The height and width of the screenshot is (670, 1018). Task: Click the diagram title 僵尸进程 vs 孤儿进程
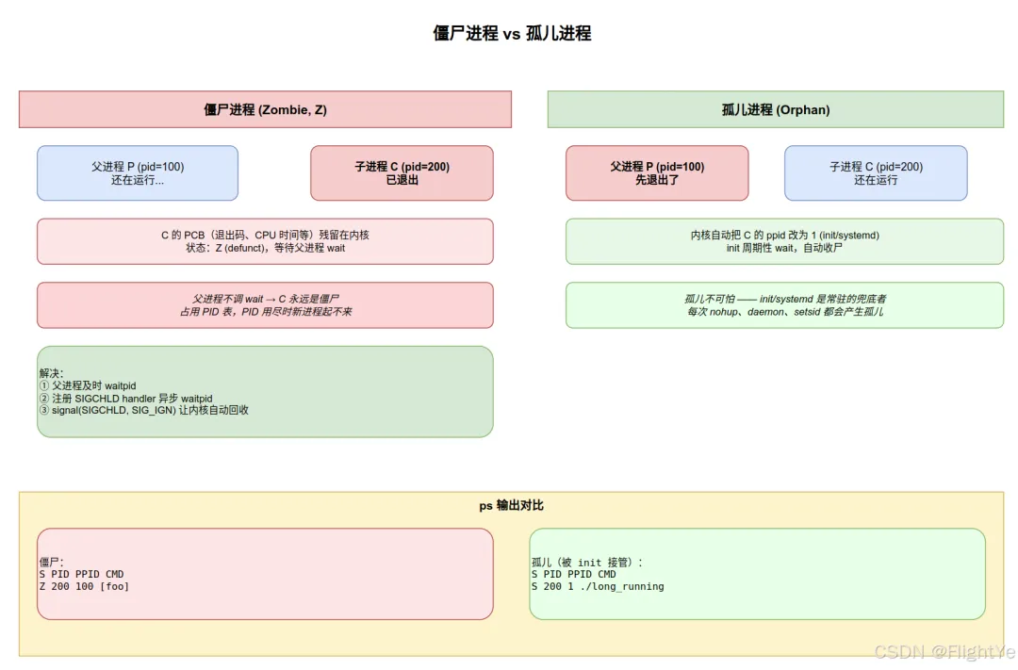coord(512,33)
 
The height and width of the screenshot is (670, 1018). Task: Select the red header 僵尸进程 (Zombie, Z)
coord(265,109)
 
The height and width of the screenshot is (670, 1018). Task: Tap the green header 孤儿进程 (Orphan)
coord(775,109)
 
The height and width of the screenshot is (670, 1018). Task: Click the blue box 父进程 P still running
coord(138,172)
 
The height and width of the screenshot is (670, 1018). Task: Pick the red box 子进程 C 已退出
coord(402,172)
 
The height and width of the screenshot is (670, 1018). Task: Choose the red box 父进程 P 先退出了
coord(657,172)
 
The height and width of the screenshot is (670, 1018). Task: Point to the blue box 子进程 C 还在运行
coord(876,172)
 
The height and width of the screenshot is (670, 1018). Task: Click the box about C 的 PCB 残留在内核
coord(265,241)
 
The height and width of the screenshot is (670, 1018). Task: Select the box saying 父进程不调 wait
coord(265,305)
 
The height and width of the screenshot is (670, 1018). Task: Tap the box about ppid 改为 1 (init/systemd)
coord(784,241)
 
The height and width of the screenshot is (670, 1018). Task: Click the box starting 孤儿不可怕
coord(784,305)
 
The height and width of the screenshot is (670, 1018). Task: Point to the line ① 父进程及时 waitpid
coord(88,385)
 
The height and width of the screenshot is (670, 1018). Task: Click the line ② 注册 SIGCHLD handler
coord(126,398)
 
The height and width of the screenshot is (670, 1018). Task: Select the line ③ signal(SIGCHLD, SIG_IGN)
coord(144,410)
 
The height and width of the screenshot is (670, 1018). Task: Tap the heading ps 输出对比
coord(512,505)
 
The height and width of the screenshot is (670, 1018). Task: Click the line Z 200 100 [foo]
coord(85,586)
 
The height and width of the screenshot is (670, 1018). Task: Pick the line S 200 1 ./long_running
coord(598,586)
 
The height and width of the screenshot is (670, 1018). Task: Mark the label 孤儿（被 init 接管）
coord(587,563)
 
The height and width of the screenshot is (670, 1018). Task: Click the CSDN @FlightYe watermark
coord(945,651)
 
